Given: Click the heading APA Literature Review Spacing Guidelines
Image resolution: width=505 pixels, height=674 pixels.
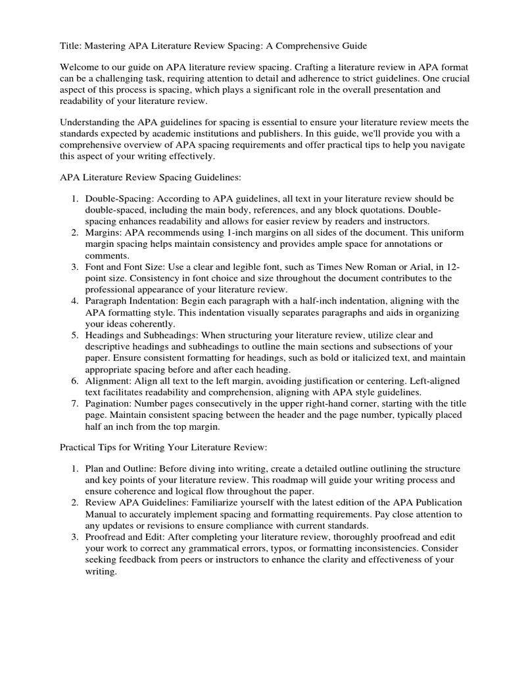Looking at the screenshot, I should [x=151, y=178].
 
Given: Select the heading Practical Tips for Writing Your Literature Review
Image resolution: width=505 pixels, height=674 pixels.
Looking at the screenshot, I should [x=163, y=448].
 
